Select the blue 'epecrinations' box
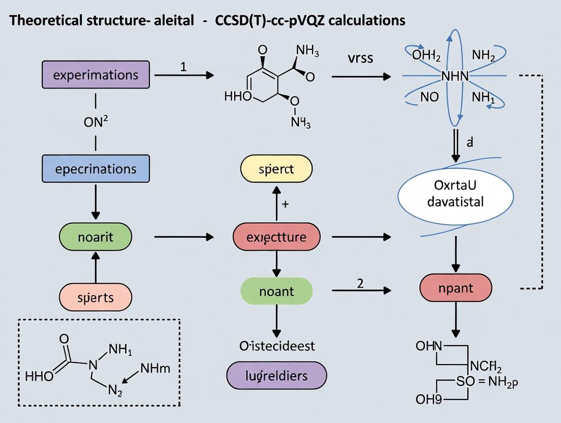tap(96, 168)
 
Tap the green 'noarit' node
tap(96, 237)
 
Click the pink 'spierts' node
tap(96, 297)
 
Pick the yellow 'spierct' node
tap(276, 169)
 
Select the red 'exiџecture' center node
tap(276, 237)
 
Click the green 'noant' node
tap(276, 291)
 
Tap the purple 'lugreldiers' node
tap(276, 376)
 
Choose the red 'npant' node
tap(455, 288)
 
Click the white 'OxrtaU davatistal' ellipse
tap(455, 194)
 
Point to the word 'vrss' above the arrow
tap(360, 58)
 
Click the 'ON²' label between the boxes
tap(96, 122)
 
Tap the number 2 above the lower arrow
tap(360, 283)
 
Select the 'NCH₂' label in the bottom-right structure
tap(486, 366)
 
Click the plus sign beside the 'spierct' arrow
tap(285, 204)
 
